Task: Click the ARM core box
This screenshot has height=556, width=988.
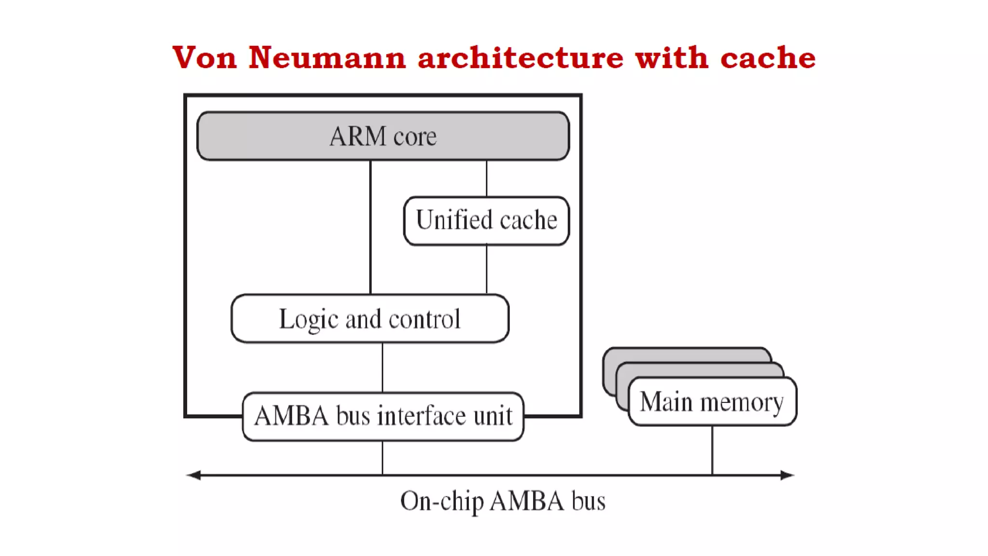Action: tap(383, 136)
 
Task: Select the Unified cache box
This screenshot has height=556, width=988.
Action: tap(486, 221)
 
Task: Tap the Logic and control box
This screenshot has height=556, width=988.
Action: tap(370, 319)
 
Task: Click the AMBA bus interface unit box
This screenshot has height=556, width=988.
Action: tap(383, 416)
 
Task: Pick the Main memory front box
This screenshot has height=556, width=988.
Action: tap(712, 402)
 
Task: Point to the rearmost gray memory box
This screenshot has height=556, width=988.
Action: tap(685, 354)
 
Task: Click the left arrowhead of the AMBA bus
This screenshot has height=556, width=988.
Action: tap(194, 475)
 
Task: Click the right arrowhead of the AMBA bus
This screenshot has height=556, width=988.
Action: tap(787, 475)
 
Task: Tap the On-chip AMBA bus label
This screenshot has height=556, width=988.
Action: tap(503, 501)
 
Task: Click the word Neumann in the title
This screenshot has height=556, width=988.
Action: tap(327, 58)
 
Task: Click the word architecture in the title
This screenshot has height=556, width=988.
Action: tap(521, 58)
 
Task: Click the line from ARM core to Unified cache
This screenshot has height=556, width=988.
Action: tap(486, 178)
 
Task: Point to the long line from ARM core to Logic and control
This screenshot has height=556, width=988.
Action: tap(370, 227)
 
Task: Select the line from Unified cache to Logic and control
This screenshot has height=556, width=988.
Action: tap(486, 269)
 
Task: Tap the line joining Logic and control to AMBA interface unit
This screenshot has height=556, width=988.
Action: tap(383, 367)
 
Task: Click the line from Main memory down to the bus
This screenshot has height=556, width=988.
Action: tap(712, 450)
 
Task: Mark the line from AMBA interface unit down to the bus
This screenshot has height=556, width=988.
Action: tap(383, 458)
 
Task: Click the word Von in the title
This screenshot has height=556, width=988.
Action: tap(205, 58)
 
